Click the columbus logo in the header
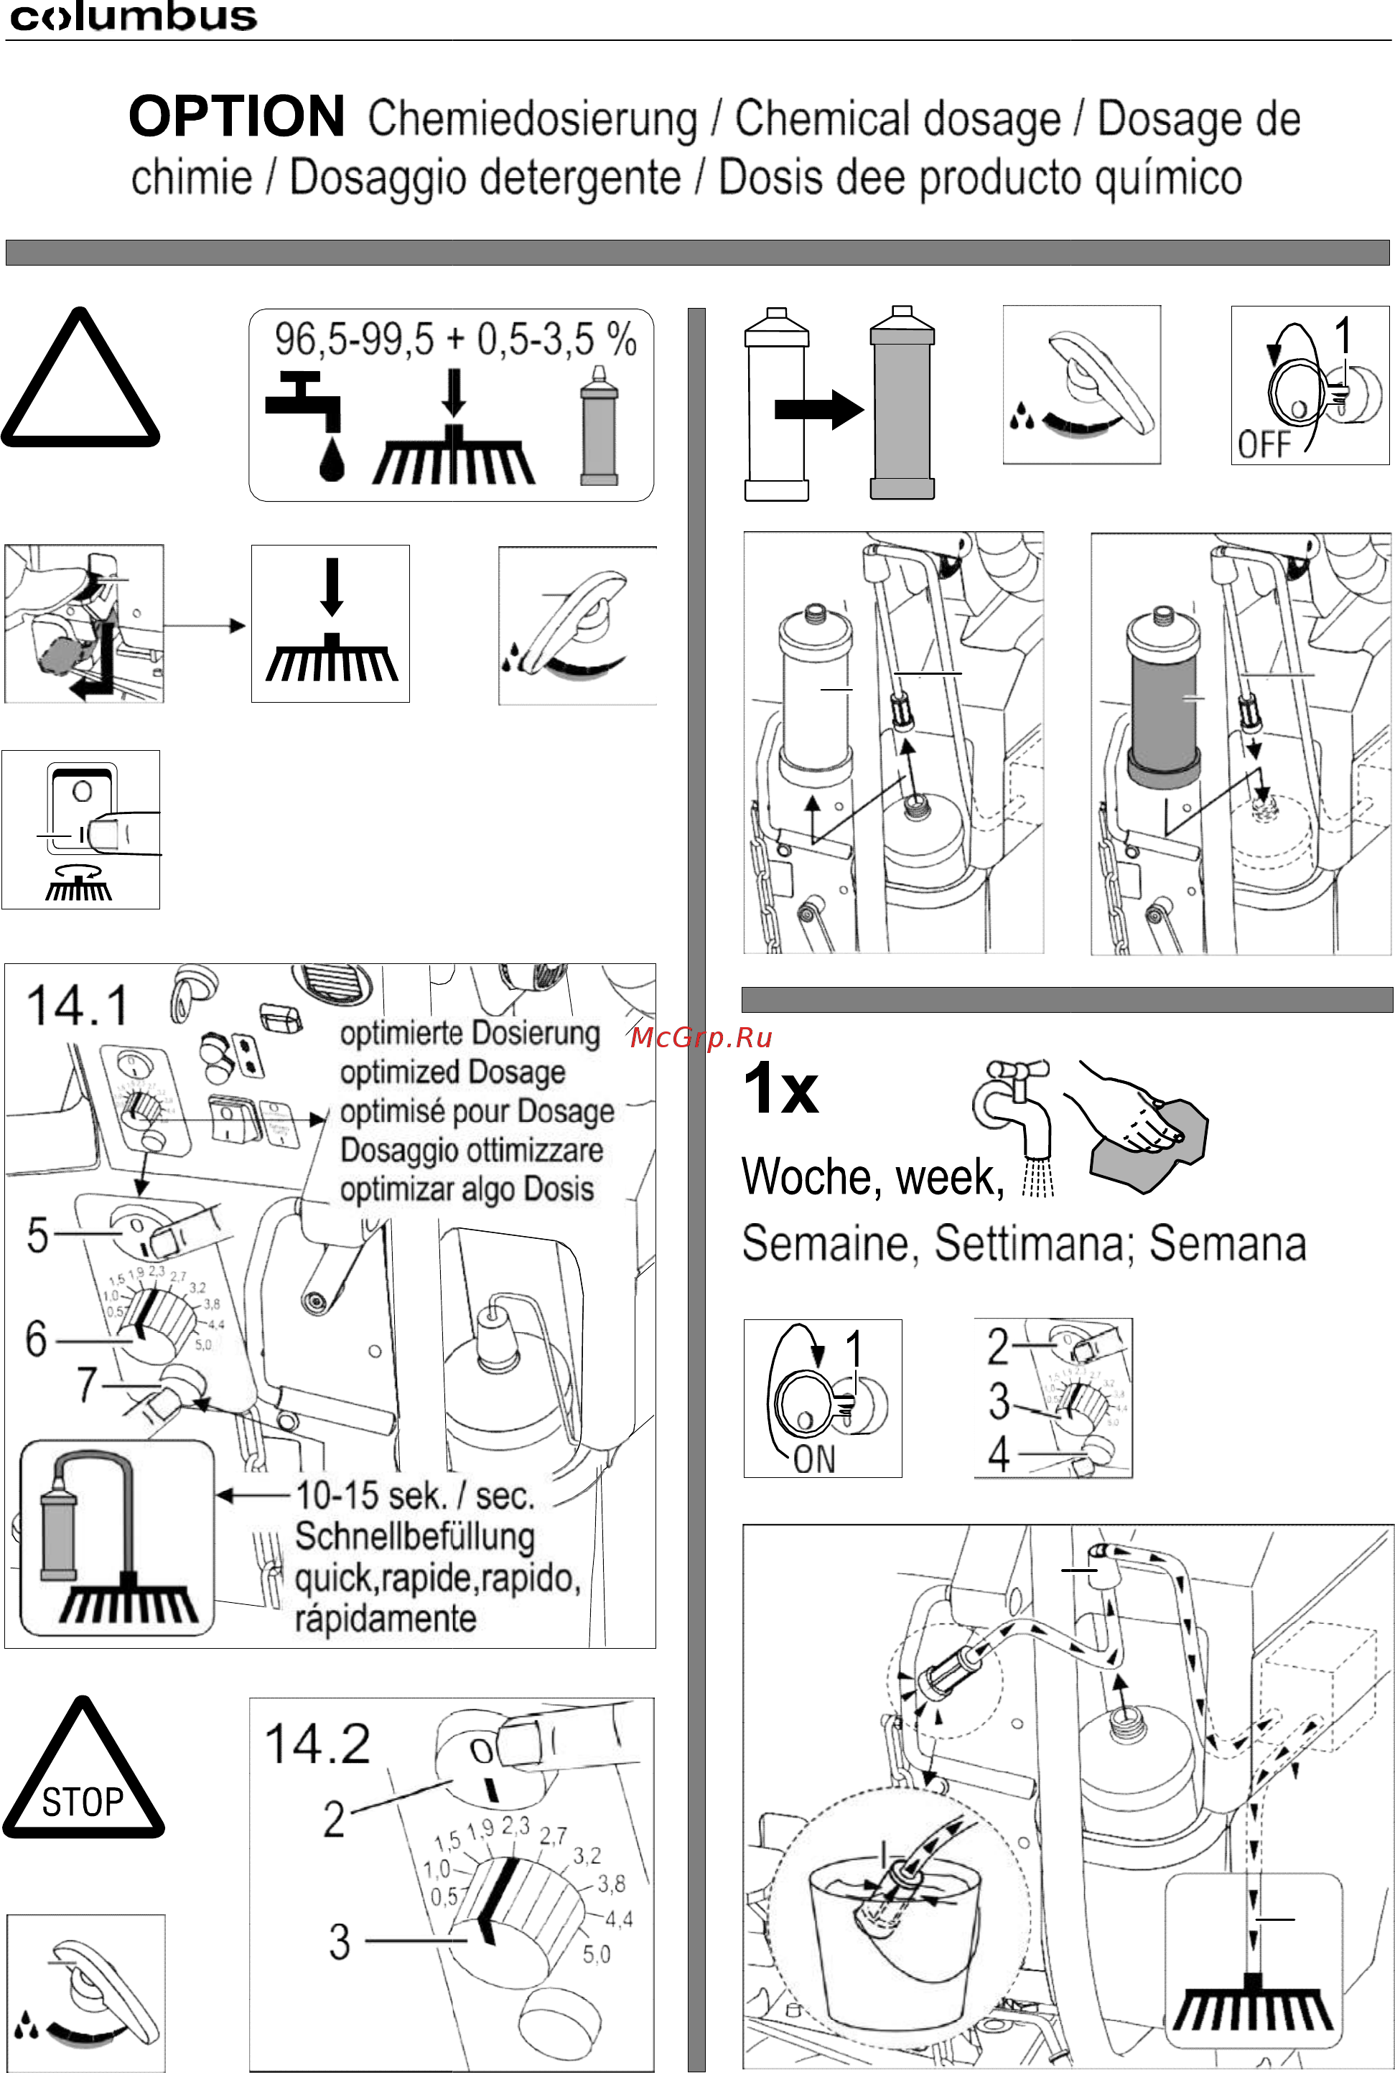(x=134, y=18)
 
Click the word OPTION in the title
(x=237, y=118)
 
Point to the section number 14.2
(x=317, y=1745)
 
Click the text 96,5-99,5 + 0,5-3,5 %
(x=454, y=340)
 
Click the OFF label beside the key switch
(x=1264, y=444)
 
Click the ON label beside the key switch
(x=814, y=1459)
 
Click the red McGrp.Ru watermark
(x=701, y=1038)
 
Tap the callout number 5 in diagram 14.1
(x=37, y=1235)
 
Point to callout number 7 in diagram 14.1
(x=86, y=1384)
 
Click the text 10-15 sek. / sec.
(x=414, y=1495)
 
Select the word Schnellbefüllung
(x=414, y=1536)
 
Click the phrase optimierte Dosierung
(x=470, y=1034)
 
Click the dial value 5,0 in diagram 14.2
(x=596, y=1955)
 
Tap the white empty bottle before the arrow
(x=777, y=405)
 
